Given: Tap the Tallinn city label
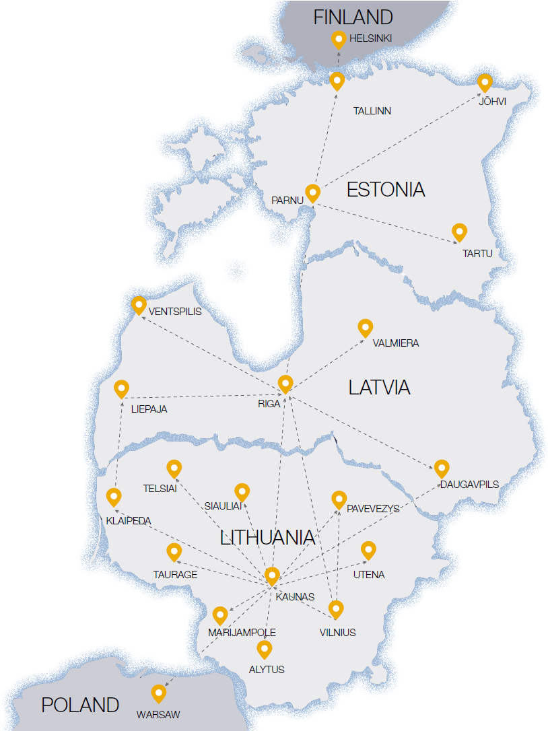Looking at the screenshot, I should tap(372, 111).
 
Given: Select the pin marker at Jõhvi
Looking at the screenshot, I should tap(485, 83).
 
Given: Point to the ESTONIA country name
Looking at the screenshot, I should tap(386, 190).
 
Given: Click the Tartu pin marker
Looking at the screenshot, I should tap(459, 232).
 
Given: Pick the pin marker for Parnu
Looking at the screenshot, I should tap(312, 193).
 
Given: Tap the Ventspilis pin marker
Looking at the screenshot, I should tap(139, 305).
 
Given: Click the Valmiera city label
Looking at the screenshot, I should tap(396, 343).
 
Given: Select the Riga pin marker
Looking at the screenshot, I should tap(285, 384).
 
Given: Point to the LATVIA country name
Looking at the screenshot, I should tap(379, 388).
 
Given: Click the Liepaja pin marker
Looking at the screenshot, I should tap(121, 388).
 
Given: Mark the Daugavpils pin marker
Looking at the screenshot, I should tap(442, 468).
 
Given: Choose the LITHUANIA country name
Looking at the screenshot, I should tap(267, 538).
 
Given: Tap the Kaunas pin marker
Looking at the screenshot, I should tap(272, 576).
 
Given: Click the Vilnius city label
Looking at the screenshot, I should tap(337, 633).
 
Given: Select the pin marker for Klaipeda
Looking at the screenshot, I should tap(114, 497).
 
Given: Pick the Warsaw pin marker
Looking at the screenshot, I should tap(159, 693).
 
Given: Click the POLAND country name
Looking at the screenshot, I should tap(80, 705).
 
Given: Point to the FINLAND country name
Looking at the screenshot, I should tap(353, 18).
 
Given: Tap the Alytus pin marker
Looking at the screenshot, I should tap(265, 649).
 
